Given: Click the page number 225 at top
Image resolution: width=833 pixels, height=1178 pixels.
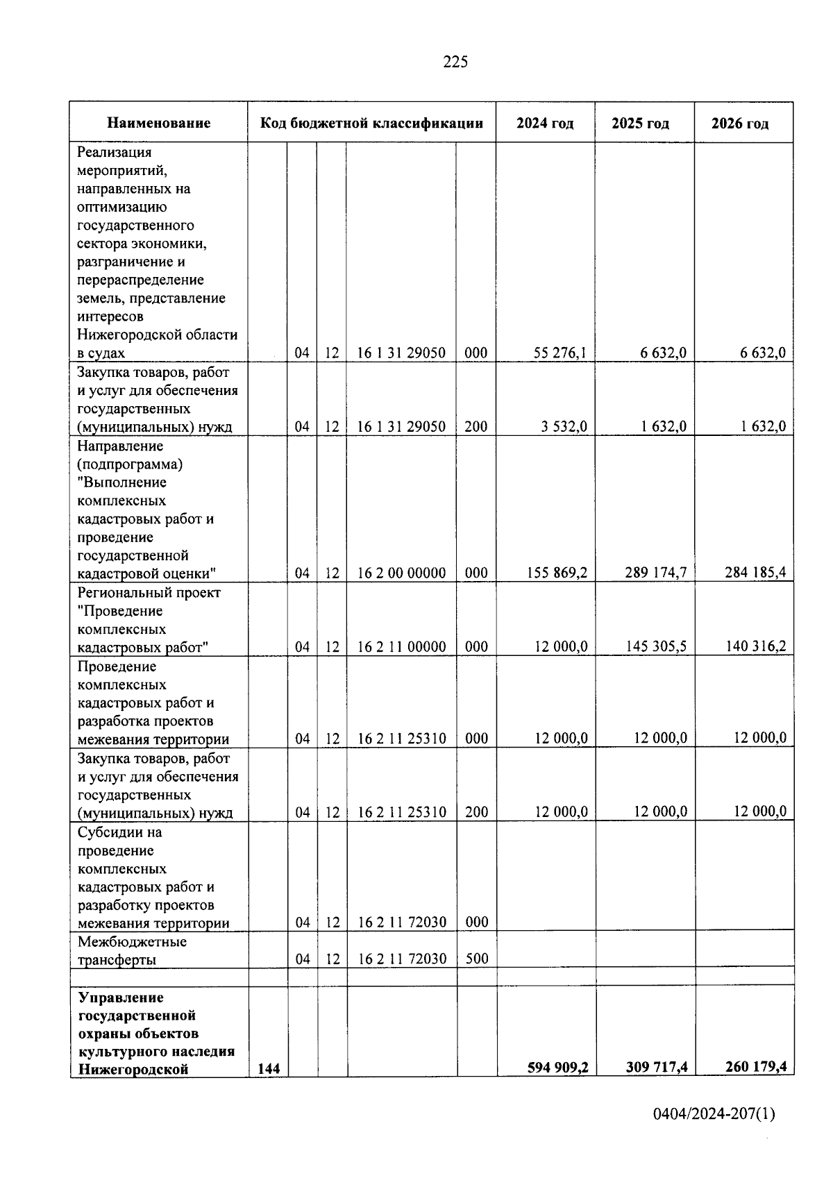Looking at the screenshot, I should [455, 62].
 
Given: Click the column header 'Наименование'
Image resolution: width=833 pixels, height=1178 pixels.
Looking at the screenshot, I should [158, 124].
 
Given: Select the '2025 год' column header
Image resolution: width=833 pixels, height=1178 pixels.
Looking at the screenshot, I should [640, 124].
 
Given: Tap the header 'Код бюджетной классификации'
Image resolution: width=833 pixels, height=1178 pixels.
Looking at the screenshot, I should [371, 124].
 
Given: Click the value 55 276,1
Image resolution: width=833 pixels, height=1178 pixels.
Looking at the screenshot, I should [560, 353].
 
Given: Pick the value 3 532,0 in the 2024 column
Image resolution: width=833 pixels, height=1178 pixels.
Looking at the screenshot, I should [564, 426].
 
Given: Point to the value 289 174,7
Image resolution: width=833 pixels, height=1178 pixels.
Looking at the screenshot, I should [655, 573].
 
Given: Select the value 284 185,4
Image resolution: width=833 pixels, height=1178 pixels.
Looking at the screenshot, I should [755, 573].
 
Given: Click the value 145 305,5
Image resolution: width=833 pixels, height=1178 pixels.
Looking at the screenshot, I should [655, 646].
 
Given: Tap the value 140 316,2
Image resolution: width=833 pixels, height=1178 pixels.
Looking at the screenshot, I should [755, 646].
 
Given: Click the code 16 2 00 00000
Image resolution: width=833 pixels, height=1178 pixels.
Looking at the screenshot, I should [401, 573].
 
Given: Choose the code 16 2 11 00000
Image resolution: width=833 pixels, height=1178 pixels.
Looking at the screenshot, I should [401, 647].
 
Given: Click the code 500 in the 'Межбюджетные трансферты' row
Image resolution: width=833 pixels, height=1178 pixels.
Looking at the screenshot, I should [476, 959].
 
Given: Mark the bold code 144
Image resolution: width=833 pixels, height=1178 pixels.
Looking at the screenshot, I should [269, 1070].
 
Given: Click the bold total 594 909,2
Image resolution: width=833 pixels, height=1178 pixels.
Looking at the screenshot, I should [557, 1067].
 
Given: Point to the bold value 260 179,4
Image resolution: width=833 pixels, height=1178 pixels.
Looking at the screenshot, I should [755, 1067].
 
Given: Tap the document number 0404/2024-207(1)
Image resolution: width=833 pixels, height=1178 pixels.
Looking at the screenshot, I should [714, 1115].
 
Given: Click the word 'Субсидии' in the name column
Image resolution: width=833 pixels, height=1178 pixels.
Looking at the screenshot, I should [110, 832].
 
